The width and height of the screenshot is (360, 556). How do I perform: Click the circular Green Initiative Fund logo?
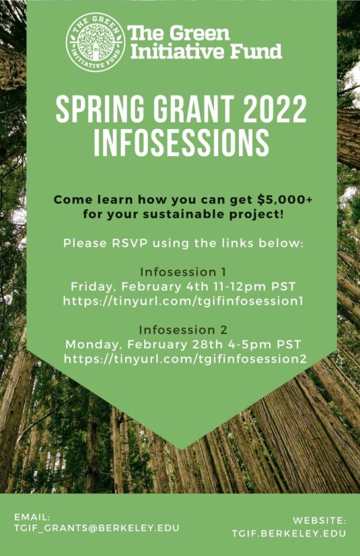(x=95, y=42)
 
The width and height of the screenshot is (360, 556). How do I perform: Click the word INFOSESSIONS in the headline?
(x=181, y=143)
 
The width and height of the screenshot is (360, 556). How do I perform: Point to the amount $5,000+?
(x=285, y=200)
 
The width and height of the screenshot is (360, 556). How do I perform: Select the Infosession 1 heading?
(x=183, y=272)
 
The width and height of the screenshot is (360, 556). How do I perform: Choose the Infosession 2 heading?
(x=183, y=330)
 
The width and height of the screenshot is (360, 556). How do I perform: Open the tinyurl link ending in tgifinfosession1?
(x=183, y=301)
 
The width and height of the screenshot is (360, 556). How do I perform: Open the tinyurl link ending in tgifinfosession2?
(x=185, y=359)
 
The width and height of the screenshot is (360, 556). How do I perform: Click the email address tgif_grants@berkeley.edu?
(x=97, y=528)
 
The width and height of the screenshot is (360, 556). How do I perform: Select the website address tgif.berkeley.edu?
(x=289, y=533)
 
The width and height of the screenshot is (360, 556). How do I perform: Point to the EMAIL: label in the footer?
(x=32, y=517)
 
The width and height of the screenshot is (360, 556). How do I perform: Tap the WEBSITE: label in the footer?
(x=319, y=520)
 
